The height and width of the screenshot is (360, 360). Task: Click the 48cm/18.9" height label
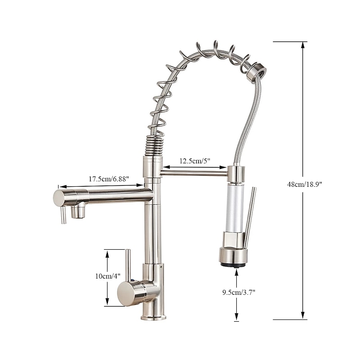click(304, 184)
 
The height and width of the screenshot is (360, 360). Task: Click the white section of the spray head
click(234, 207)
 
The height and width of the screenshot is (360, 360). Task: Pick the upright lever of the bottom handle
click(128, 265)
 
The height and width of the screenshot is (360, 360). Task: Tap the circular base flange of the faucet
click(153, 317)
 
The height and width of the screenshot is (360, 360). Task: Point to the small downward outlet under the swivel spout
click(78, 211)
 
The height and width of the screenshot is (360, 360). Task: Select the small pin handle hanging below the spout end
click(63, 215)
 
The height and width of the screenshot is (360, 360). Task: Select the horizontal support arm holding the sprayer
click(193, 172)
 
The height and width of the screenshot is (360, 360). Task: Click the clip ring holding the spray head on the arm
click(235, 173)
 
